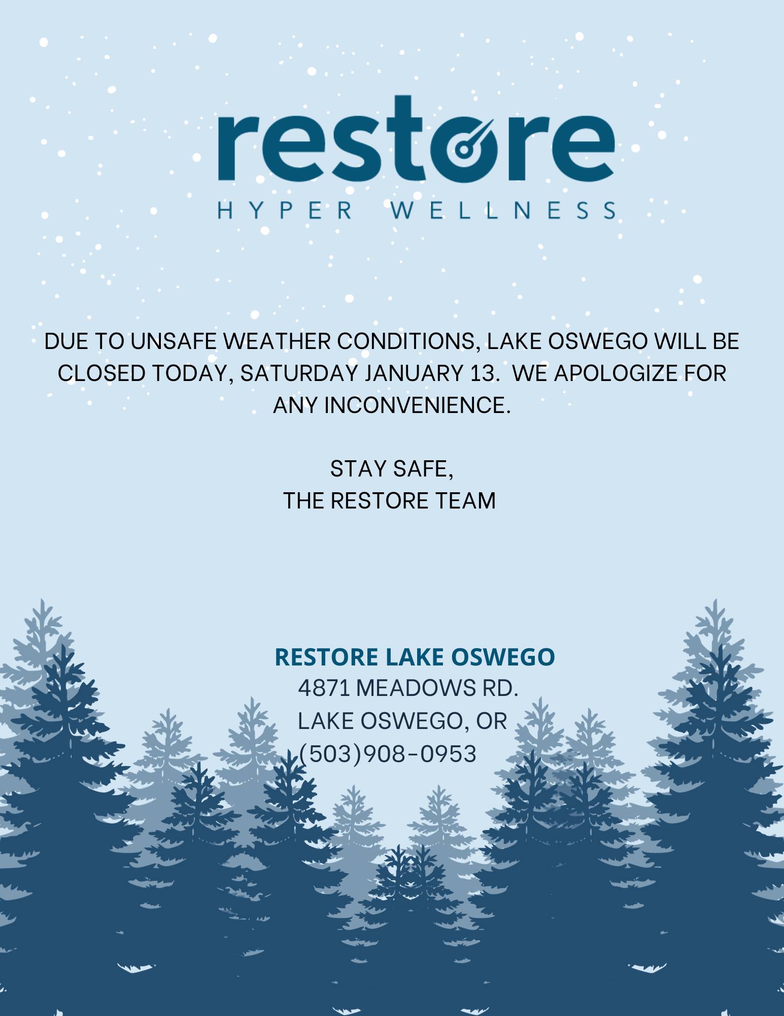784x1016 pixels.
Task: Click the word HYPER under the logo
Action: tap(285, 210)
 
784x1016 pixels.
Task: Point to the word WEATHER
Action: tap(277, 341)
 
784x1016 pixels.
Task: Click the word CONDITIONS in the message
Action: tap(410, 342)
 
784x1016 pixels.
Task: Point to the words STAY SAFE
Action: tap(391, 469)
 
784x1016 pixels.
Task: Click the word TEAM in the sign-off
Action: tap(464, 501)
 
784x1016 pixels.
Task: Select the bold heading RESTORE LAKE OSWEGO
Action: tap(415, 656)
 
